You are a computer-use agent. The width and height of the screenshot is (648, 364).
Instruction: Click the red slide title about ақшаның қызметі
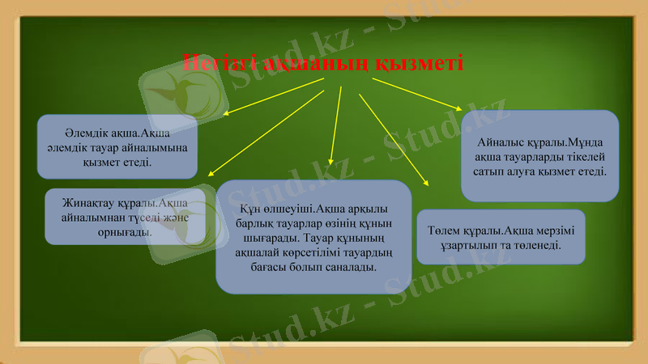pyautogui.click(x=323, y=61)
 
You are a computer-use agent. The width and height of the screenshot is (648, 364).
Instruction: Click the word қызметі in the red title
pyautogui.click(x=421, y=62)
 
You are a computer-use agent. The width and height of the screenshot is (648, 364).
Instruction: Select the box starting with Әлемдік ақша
pyautogui.click(x=117, y=146)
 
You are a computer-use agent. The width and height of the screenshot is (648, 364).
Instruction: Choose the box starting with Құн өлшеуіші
pyautogui.click(x=313, y=236)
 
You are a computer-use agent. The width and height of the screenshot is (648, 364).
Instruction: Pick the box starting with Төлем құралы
pyautogui.click(x=500, y=237)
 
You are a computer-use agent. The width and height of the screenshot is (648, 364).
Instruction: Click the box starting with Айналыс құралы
pyautogui.click(x=539, y=156)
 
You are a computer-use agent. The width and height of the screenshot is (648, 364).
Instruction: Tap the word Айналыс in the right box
pyautogui.click(x=503, y=142)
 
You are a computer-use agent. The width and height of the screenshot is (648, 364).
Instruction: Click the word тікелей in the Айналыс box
pyautogui.click(x=581, y=157)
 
